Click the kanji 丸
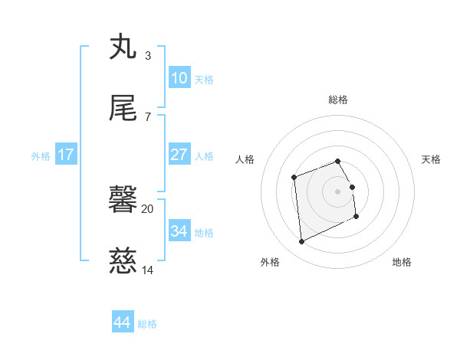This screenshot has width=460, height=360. click(x=123, y=47)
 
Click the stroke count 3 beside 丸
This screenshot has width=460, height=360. click(x=147, y=56)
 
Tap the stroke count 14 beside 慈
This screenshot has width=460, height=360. click(x=147, y=270)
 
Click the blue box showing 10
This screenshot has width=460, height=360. click(x=179, y=78)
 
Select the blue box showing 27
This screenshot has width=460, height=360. click(x=179, y=155)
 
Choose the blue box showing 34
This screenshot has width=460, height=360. click(x=179, y=231)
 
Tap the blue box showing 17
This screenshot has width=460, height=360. click(x=66, y=155)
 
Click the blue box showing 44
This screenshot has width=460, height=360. click(x=122, y=322)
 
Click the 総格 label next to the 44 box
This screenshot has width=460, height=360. click(x=147, y=324)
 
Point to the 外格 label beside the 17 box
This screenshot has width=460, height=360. click(x=41, y=156)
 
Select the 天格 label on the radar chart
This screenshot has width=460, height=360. click(x=431, y=159)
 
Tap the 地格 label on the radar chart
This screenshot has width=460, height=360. click(x=402, y=262)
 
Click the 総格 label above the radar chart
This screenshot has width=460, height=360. click(x=338, y=100)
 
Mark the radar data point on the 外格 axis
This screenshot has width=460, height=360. click(x=302, y=242)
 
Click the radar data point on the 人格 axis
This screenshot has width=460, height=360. click(x=294, y=178)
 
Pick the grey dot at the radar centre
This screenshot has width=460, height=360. click(x=338, y=191)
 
